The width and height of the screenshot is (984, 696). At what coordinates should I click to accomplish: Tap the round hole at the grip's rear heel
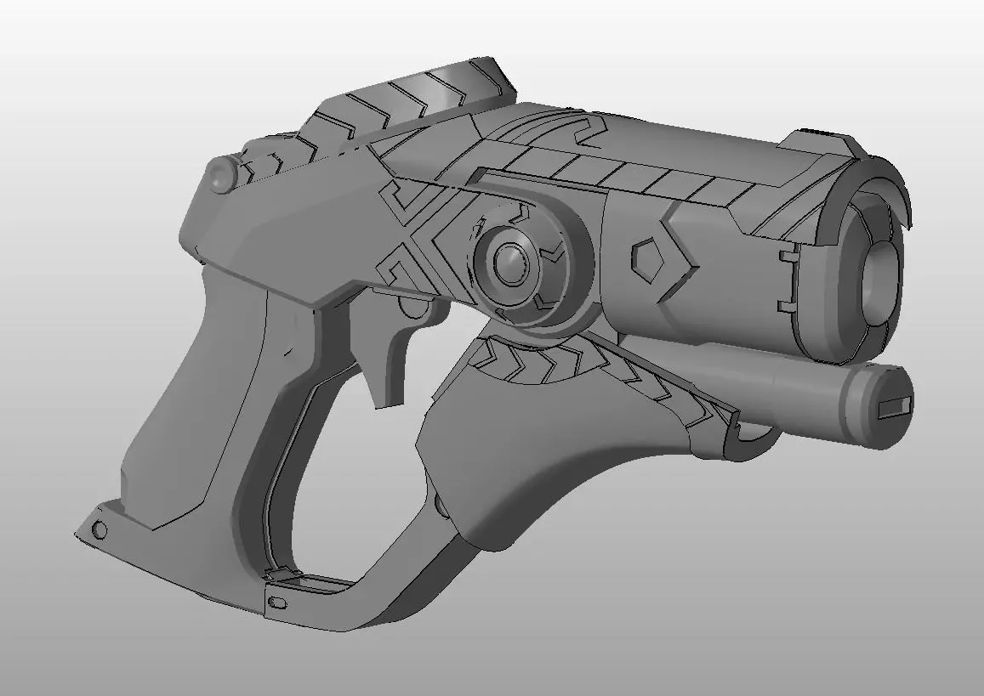(x=100, y=531)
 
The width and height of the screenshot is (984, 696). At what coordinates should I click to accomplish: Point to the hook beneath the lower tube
(x=757, y=442)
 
